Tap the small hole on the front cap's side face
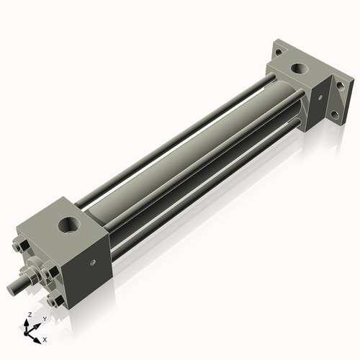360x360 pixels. click(x=92, y=263)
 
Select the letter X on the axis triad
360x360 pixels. click(x=45, y=338)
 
